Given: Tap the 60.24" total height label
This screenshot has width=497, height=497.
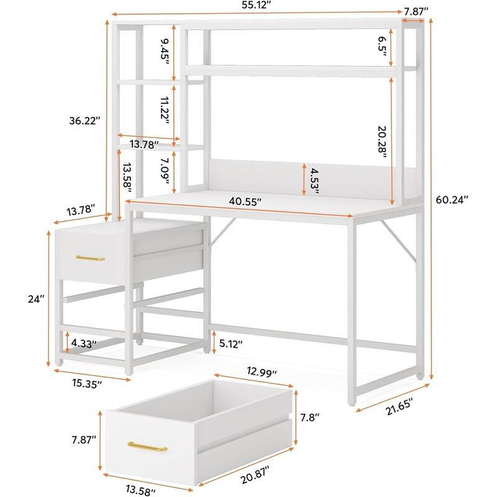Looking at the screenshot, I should [x=452, y=199].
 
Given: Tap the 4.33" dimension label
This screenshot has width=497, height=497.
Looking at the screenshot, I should [x=83, y=342].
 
